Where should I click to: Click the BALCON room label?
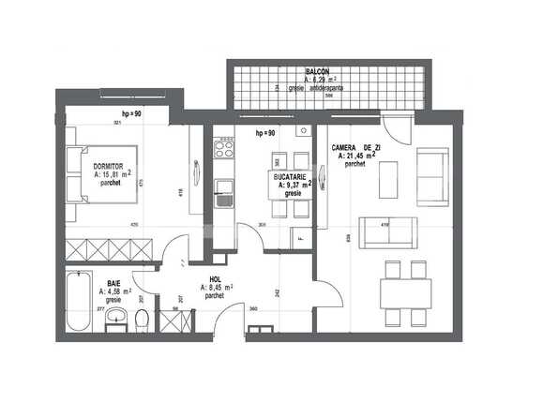click(x=316, y=71)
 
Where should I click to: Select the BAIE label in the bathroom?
click(x=113, y=282)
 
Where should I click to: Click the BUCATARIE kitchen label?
click(x=294, y=176)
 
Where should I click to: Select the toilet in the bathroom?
click(x=142, y=321)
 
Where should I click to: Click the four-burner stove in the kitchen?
click(x=224, y=146)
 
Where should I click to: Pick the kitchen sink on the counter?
click(x=224, y=196)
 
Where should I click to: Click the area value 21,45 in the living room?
click(x=354, y=157)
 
